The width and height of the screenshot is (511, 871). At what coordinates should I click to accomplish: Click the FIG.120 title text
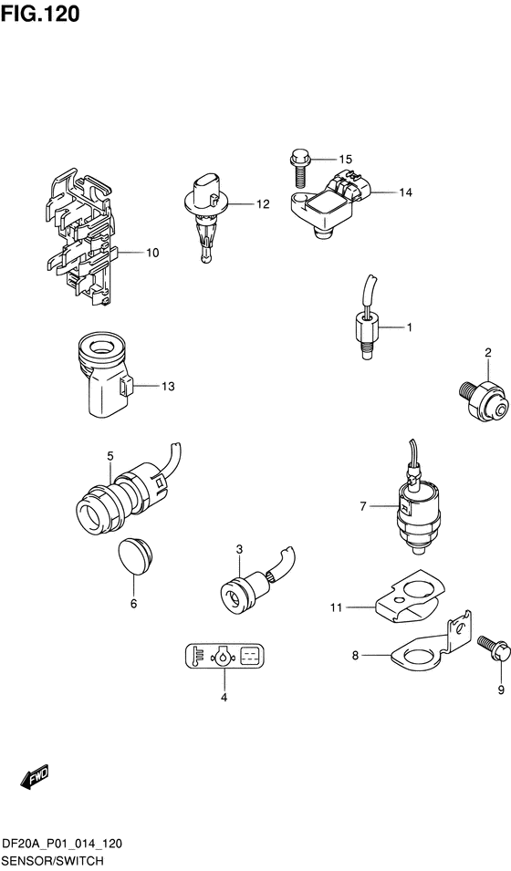41,15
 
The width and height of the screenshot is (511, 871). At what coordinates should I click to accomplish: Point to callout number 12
263,204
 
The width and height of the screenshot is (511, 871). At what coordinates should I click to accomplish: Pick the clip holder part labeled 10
81,235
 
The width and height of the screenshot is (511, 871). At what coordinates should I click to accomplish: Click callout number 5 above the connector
109,456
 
